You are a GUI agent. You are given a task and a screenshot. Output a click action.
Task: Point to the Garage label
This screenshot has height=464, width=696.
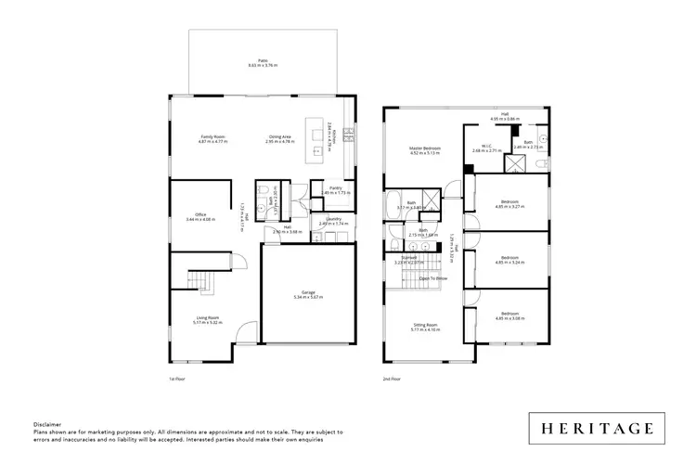(306, 294)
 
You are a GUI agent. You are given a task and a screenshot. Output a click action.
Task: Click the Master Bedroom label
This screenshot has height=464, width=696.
(425, 150)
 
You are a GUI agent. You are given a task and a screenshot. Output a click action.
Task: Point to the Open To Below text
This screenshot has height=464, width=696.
(433, 277)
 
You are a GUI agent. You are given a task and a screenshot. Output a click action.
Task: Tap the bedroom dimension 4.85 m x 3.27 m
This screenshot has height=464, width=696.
(511, 207)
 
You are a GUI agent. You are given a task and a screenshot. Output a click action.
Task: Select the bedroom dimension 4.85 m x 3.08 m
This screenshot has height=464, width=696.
(511, 318)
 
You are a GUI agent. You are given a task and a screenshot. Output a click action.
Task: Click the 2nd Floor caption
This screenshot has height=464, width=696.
(392, 379)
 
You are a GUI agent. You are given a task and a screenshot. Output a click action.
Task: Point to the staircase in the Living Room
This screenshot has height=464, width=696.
(201, 279)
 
